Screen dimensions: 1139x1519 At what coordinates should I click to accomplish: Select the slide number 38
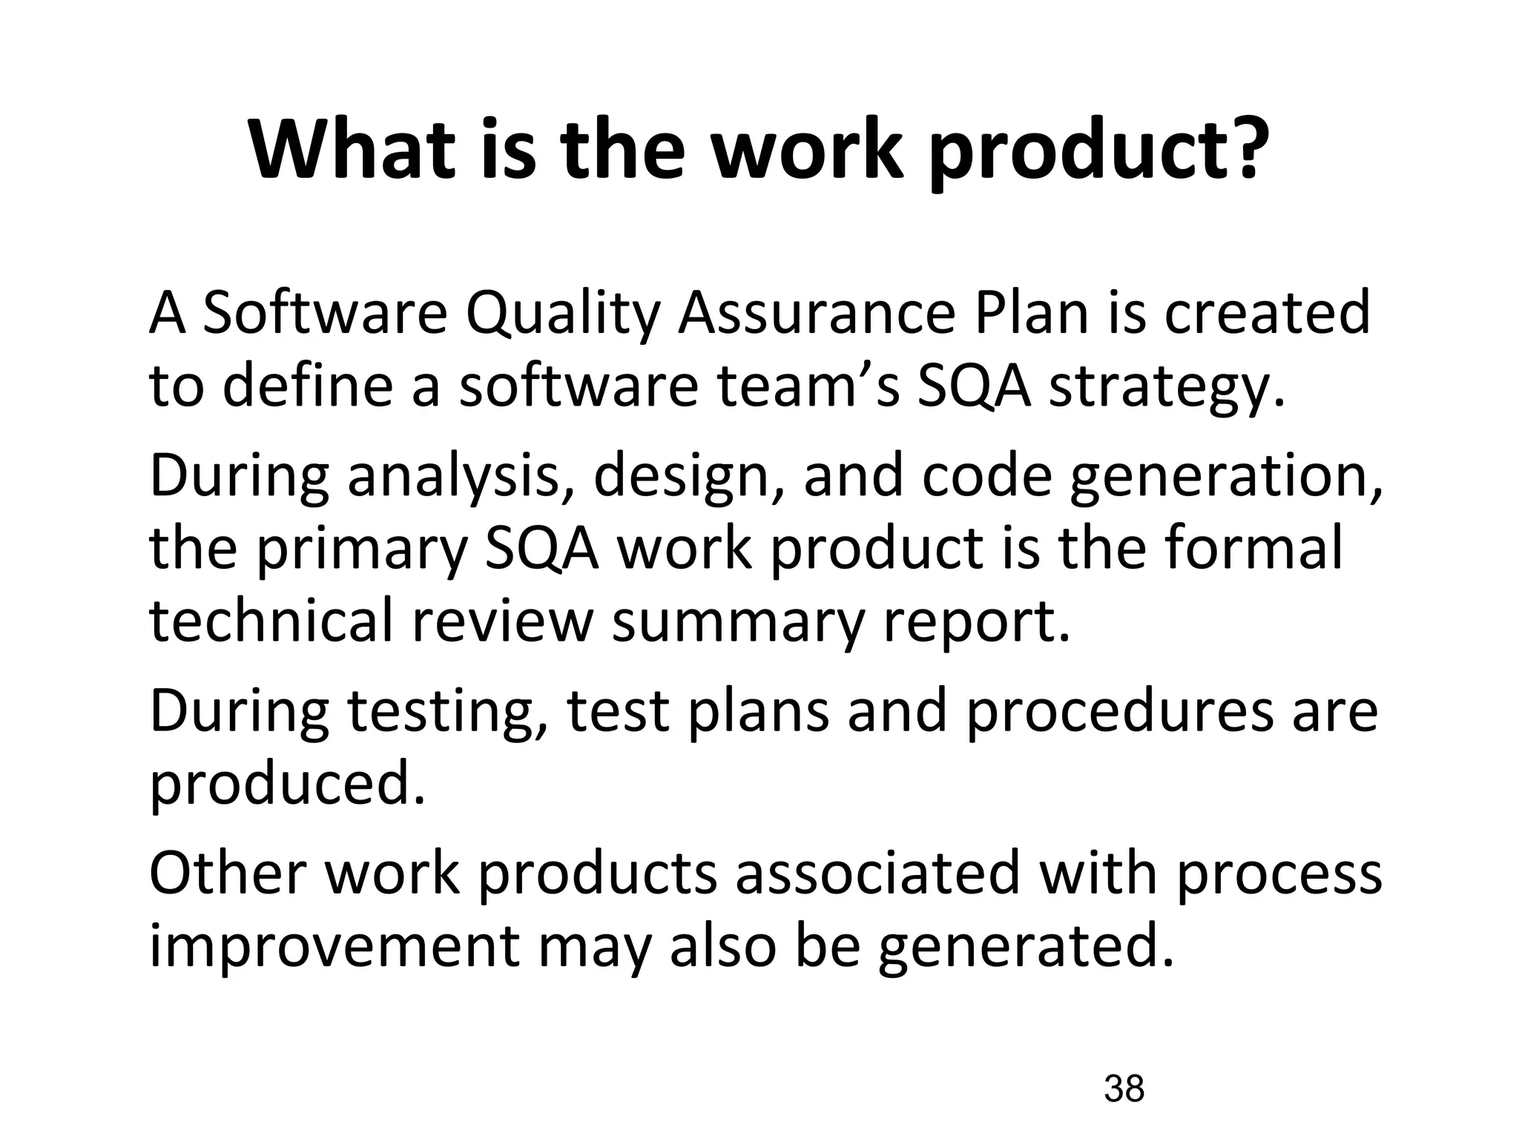pos(1124,1089)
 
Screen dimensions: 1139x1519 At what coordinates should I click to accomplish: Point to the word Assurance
pos(817,312)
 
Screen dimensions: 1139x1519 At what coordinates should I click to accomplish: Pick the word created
pos(1267,312)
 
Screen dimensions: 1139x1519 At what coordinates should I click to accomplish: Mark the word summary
pos(739,623)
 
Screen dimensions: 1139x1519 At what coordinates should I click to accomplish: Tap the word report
pos(977,623)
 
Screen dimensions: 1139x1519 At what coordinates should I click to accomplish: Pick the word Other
pos(228,873)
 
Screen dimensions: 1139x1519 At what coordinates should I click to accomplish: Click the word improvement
pos(335,947)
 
